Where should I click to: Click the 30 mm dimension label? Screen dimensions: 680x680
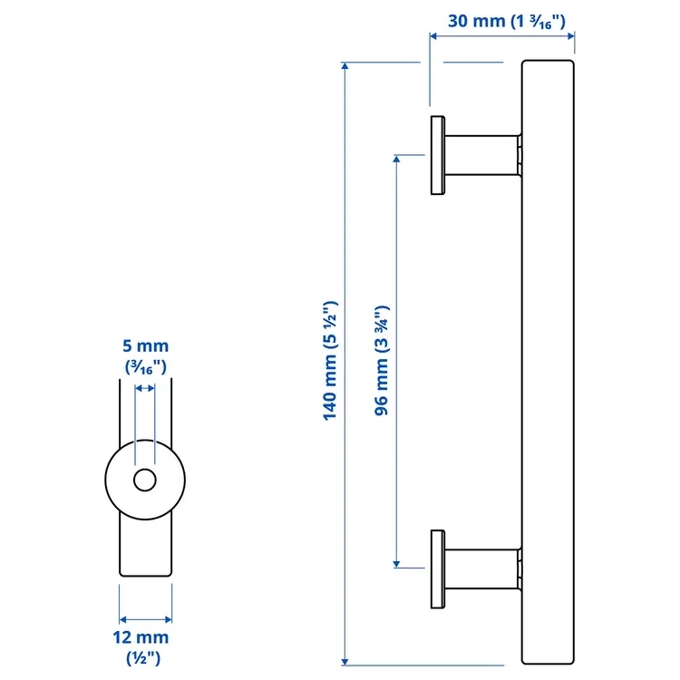(507, 21)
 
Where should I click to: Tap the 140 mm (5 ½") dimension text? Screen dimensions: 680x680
(330, 360)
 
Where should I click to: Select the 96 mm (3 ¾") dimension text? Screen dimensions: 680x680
(382, 360)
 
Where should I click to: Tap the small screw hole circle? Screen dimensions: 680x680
(145, 480)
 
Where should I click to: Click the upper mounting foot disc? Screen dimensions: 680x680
(438, 155)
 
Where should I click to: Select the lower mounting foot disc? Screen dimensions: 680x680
(438, 569)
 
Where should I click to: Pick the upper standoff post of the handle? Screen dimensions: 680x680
(482, 155)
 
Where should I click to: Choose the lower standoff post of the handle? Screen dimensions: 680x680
(482, 569)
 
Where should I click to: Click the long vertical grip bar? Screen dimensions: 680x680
(548, 362)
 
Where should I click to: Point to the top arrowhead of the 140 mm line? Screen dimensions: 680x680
(345, 65)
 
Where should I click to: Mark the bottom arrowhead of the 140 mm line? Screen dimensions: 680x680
(345, 661)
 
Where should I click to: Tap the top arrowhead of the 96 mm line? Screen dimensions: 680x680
(396, 159)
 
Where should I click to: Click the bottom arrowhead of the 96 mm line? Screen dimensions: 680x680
(396, 564)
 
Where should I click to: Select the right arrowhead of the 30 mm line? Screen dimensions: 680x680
(571, 36)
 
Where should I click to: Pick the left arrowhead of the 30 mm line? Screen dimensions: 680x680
(433, 36)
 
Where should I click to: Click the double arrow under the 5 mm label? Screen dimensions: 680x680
(145, 388)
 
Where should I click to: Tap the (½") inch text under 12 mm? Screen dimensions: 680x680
(143, 658)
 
